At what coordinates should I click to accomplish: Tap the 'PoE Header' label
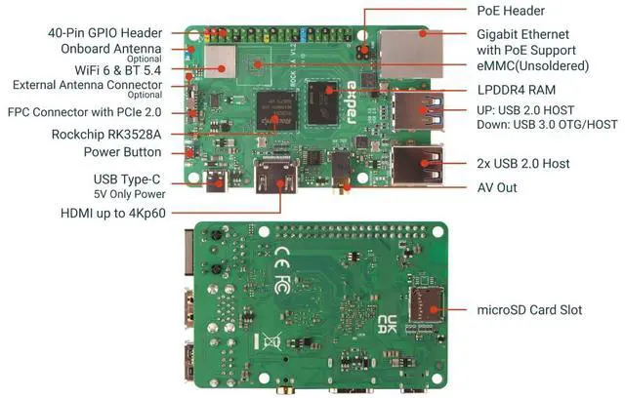(510, 11)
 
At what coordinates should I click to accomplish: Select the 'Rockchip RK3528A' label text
(106, 133)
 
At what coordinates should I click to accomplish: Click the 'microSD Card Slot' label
(529, 309)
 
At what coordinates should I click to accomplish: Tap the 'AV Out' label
(497, 187)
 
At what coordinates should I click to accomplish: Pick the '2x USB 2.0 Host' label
(523, 163)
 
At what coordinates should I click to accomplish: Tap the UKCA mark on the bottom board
(388, 326)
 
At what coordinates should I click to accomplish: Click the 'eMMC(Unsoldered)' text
(533, 66)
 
